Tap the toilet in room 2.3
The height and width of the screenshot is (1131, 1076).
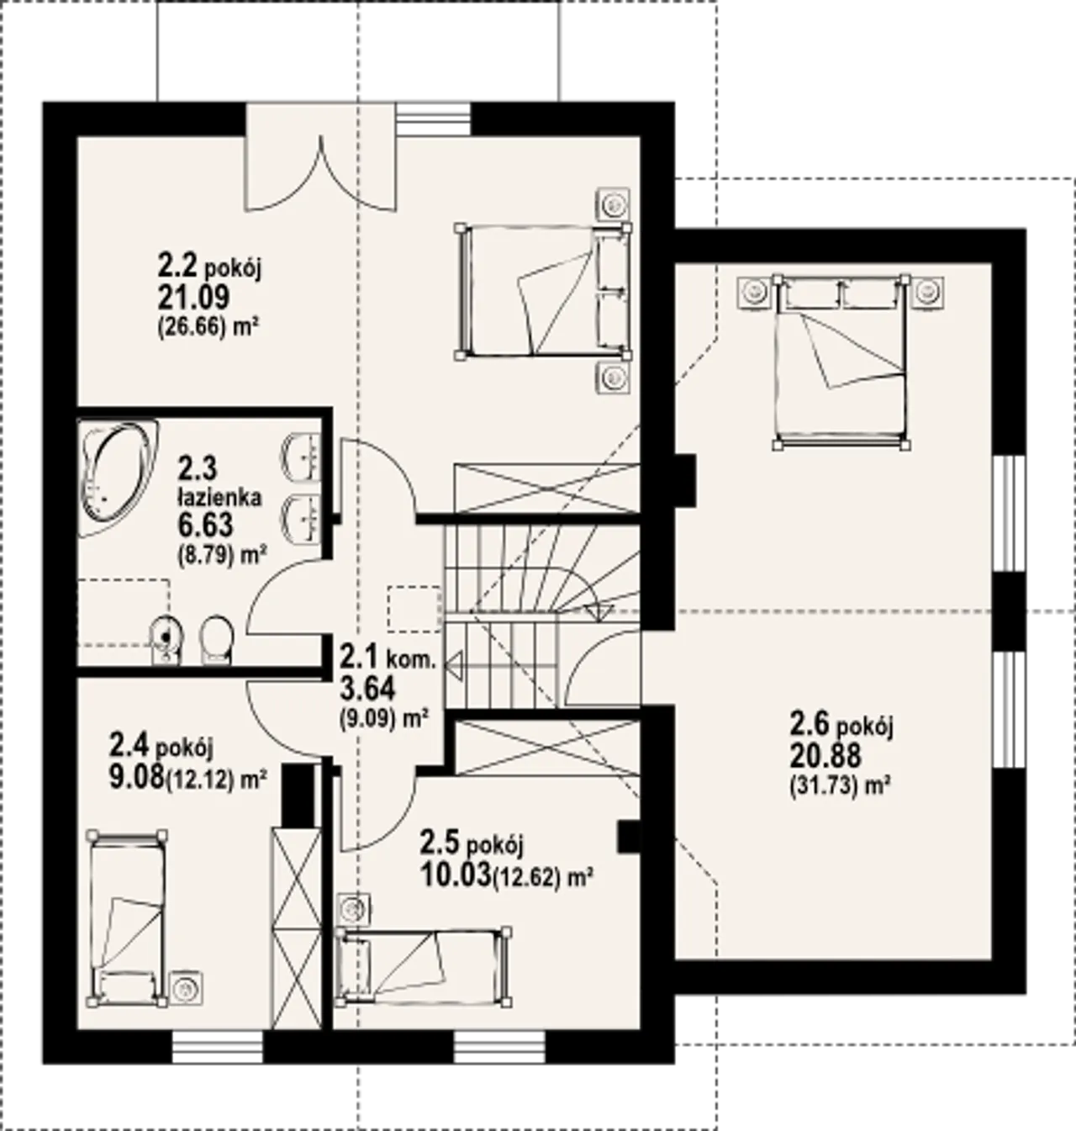click(216, 640)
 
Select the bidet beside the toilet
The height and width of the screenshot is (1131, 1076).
click(166, 640)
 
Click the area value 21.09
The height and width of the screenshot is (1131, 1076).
click(193, 297)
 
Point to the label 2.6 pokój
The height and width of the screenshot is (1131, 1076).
click(841, 726)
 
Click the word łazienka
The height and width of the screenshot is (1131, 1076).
click(219, 497)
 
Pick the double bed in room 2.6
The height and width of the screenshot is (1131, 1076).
click(841, 362)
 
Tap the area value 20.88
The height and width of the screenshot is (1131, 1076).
click(825, 755)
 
